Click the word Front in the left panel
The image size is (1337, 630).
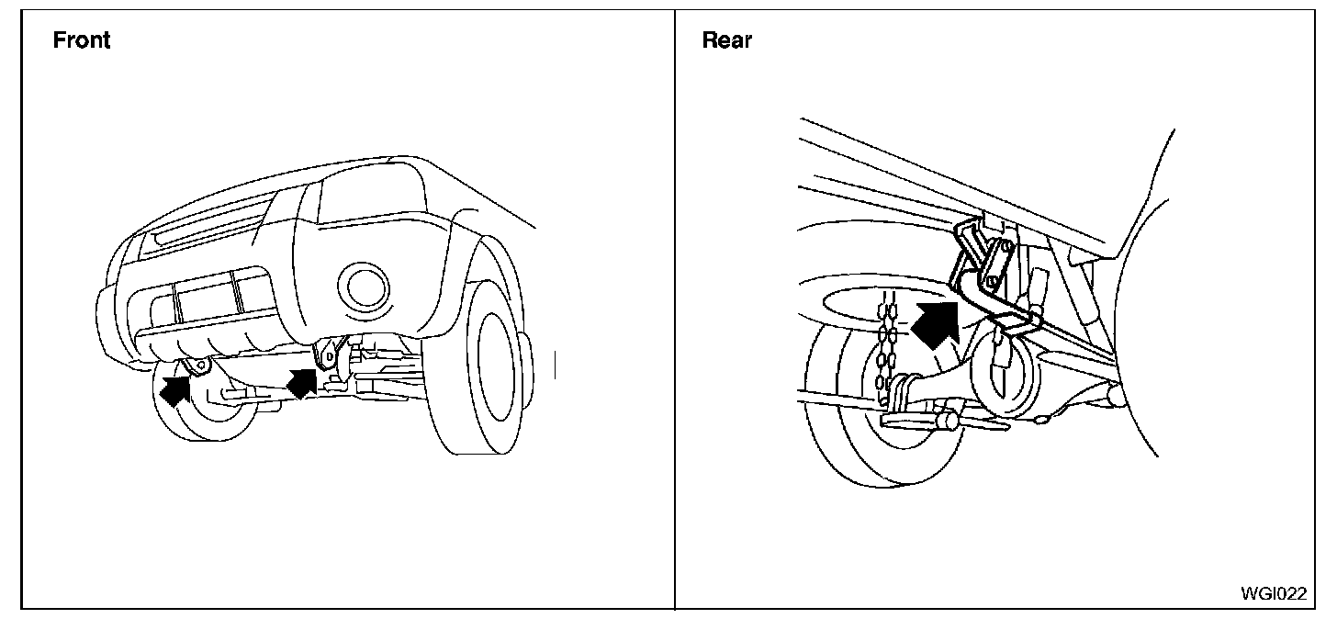pyautogui.click(x=82, y=40)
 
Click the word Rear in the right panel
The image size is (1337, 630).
pyautogui.click(x=726, y=40)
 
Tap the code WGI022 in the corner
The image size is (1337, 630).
pyautogui.click(x=1273, y=593)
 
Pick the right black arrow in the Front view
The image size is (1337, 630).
pyautogui.click(x=303, y=380)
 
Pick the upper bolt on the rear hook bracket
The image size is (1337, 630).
pyautogui.click(x=1006, y=246)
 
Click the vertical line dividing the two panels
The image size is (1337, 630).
pyautogui.click(x=675, y=312)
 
